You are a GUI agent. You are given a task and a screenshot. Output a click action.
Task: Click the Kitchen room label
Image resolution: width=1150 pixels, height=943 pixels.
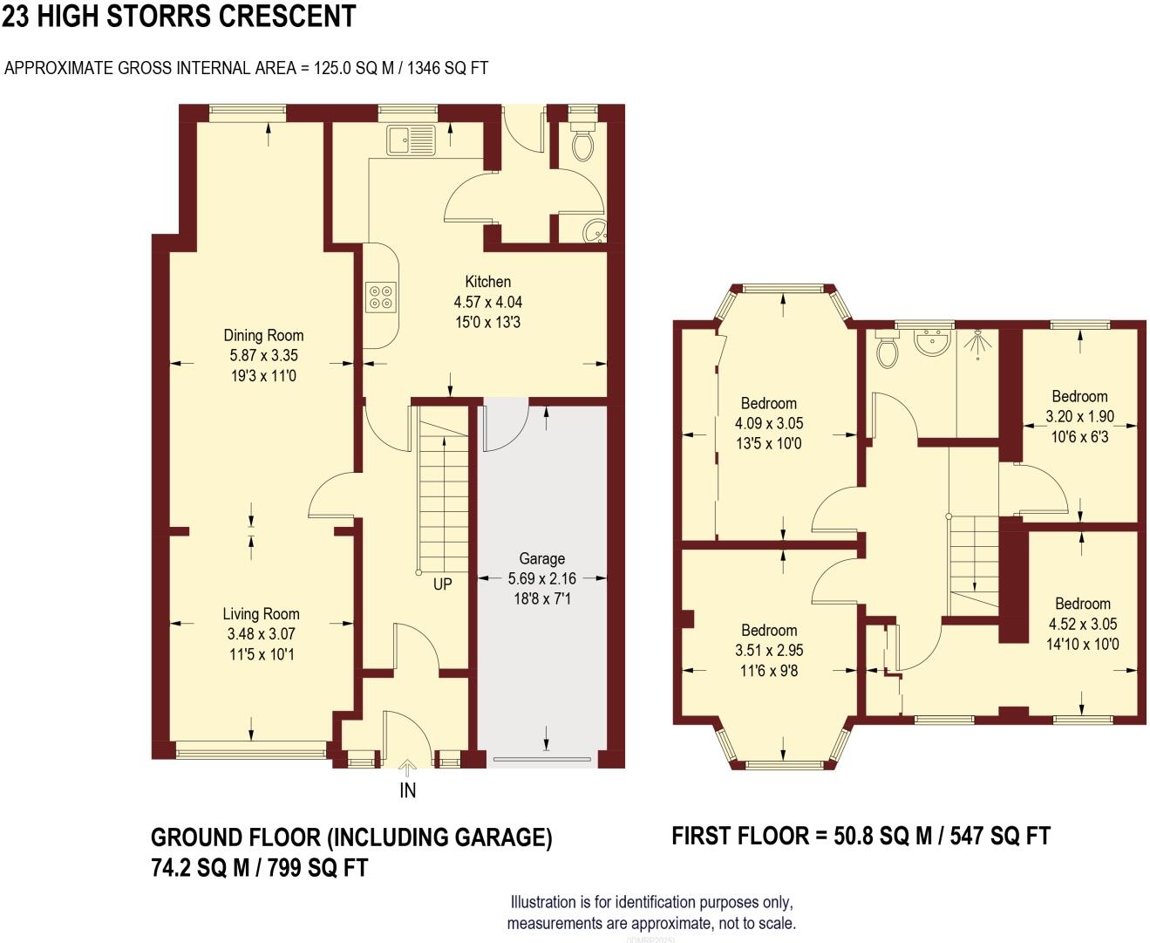(x=487, y=281)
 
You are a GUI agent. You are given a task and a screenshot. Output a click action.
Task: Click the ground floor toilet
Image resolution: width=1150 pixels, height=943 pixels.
(x=582, y=143)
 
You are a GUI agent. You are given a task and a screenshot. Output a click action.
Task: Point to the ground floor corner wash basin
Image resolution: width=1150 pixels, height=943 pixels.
(x=595, y=230)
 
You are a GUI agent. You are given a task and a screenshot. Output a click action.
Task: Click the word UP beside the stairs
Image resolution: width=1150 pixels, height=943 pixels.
(x=442, y=584)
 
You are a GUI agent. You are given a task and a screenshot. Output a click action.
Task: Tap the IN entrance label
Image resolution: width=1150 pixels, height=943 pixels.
(x=407, y=790)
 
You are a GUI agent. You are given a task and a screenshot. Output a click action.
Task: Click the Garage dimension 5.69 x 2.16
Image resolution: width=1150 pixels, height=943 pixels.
(x=541, y=578)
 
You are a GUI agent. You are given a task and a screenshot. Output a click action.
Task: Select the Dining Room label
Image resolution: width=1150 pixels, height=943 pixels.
(x=263, y=335)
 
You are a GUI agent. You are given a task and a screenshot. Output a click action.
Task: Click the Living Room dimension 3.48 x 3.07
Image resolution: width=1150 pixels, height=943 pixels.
(x=261, y=634)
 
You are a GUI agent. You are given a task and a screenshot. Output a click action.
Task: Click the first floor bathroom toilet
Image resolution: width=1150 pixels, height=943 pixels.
(x=888, y=350)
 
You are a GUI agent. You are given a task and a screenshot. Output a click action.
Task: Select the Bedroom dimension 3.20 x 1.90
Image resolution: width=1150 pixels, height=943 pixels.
(x=1079, y=417)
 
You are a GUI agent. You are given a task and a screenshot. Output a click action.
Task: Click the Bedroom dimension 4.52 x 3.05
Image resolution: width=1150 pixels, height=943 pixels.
(x=1082, y=624)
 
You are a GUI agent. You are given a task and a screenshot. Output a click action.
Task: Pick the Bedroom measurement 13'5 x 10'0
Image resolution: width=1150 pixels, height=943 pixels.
(x=768, y=443)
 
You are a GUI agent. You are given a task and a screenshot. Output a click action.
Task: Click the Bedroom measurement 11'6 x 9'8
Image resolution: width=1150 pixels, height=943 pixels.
(x=769, y=671)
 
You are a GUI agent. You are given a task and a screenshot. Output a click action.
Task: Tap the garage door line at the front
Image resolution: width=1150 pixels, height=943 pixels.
(x=541, y=759)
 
